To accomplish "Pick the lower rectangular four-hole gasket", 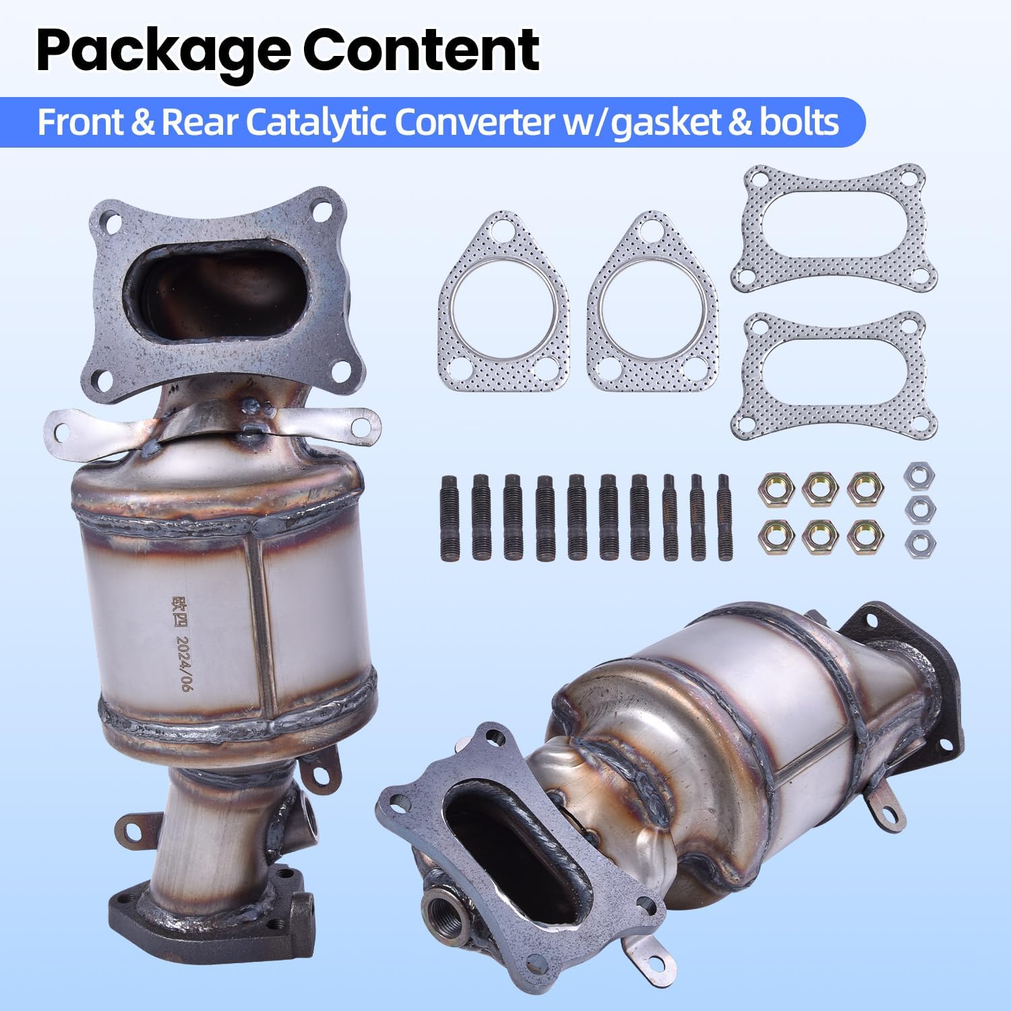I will [834, 375].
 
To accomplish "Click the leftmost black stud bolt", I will [450, 517].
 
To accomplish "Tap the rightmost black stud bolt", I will [725, 517].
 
